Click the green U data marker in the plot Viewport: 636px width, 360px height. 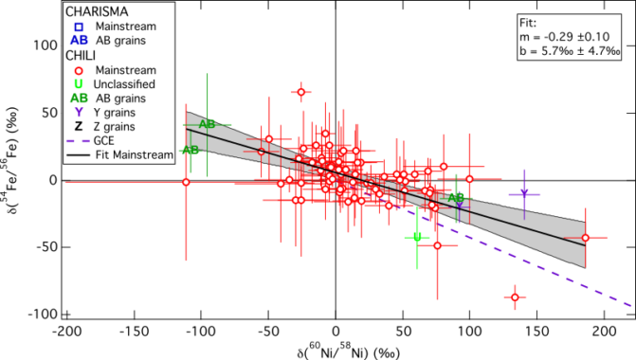click(417, 237)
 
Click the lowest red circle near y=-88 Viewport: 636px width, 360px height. click(516, 297)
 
